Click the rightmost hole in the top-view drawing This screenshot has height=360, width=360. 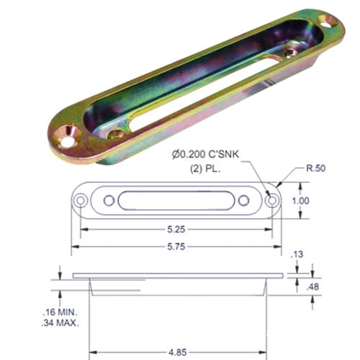[x=272, y=201]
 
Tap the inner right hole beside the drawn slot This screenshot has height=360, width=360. [x=243, y=201]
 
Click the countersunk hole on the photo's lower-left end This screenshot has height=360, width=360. [x=68, y=136]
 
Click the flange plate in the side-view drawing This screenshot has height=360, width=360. [x=176, y=276]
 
